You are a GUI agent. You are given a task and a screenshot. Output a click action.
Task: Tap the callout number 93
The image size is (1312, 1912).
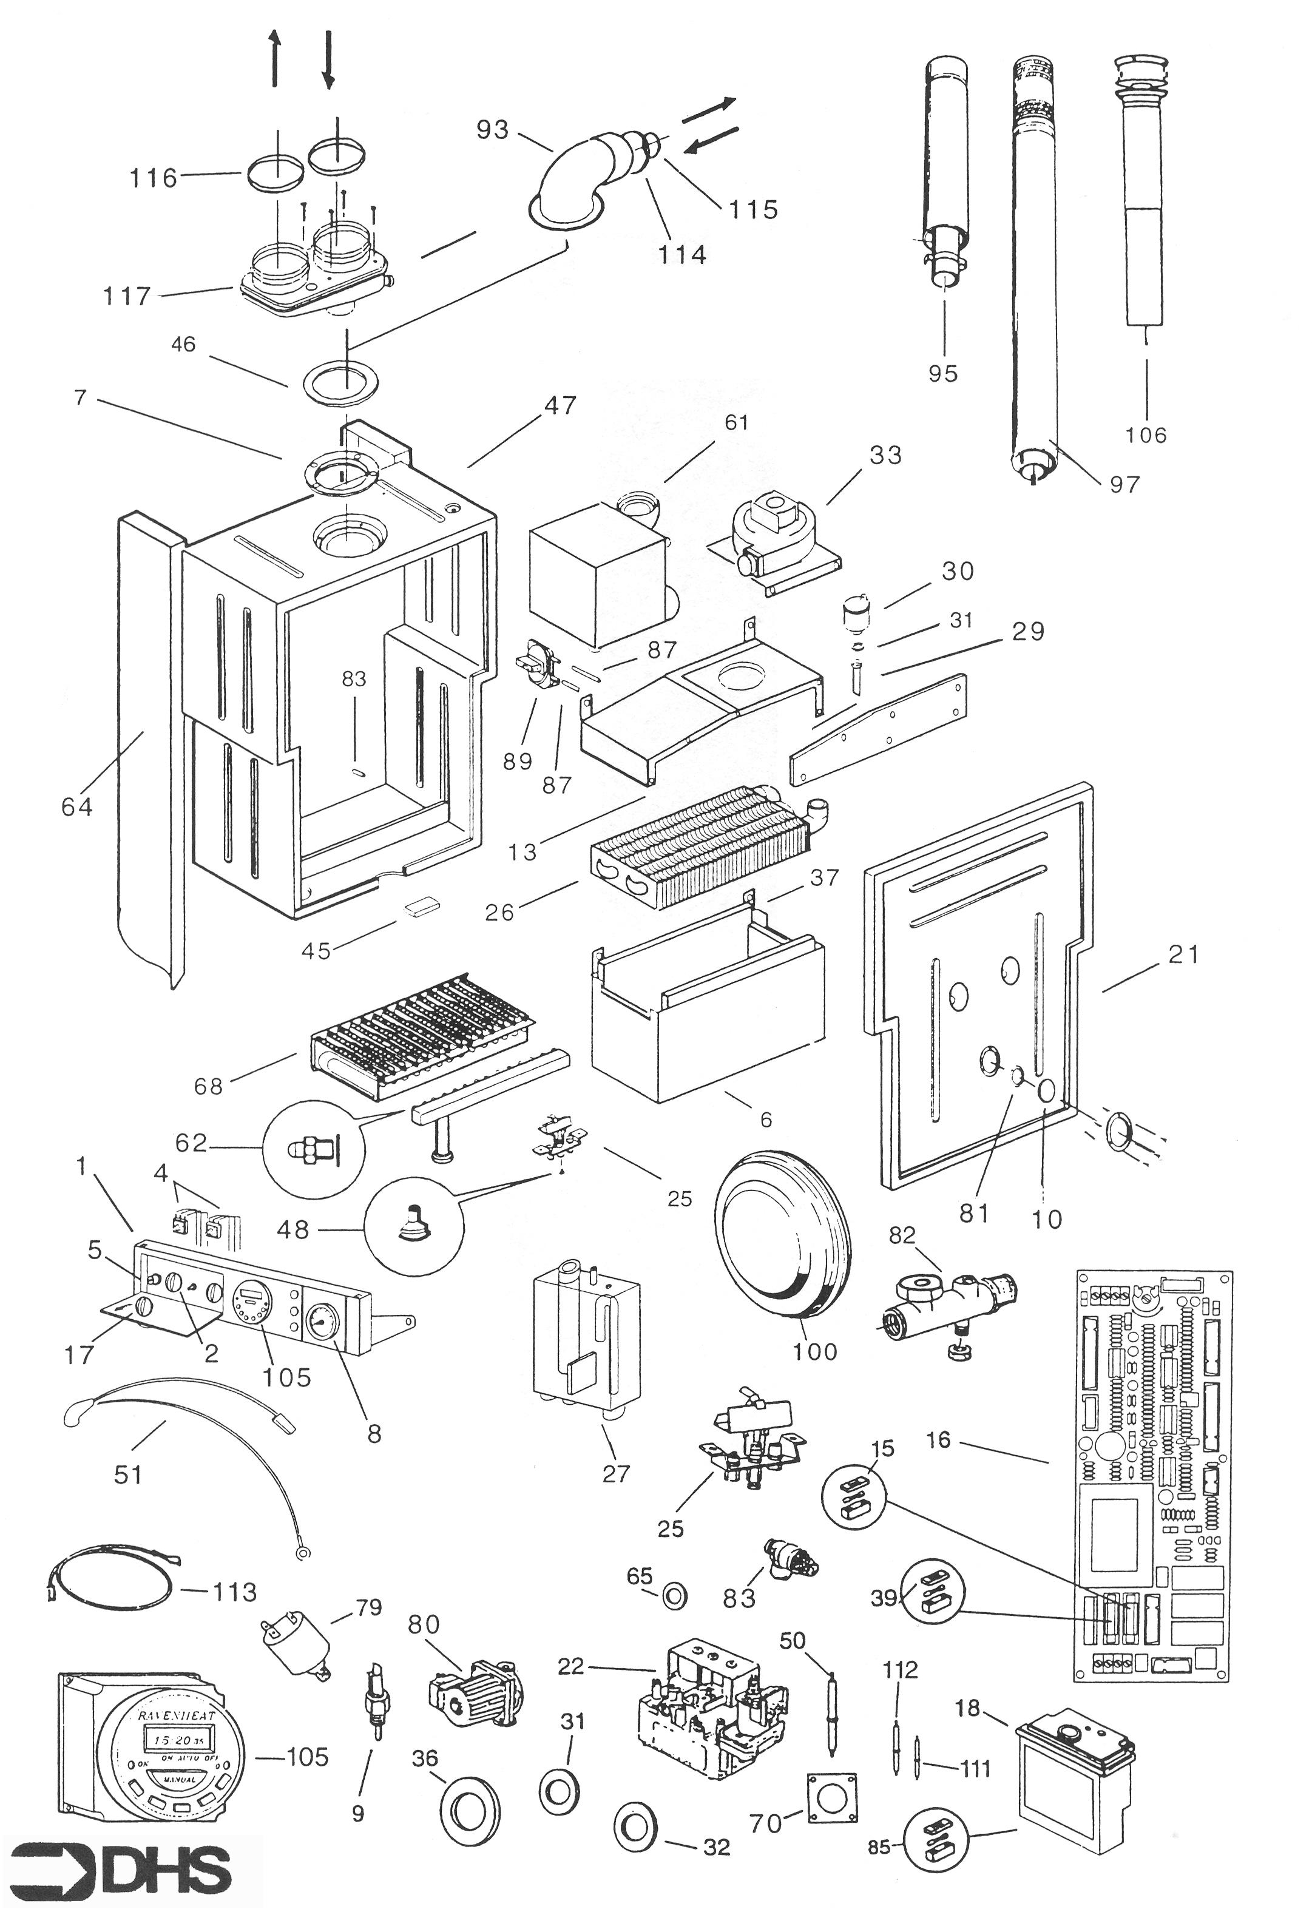[493, 130]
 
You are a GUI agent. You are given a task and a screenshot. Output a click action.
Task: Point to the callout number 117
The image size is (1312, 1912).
[127, 296]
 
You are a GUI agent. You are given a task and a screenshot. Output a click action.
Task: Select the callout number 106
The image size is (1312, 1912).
[1145, 434]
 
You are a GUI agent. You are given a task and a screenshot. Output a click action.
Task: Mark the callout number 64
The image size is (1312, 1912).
[76, 807]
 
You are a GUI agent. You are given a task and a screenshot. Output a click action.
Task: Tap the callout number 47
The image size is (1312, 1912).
[560, 405]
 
